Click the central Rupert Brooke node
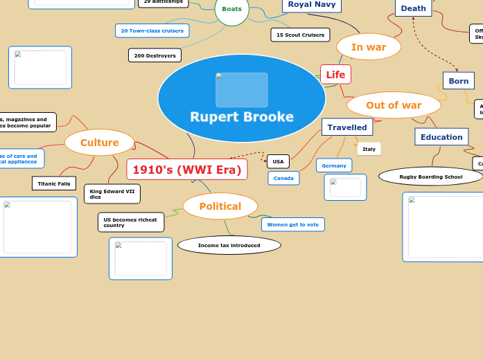[242, 98]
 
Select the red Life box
[335, 75]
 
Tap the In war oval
[369, 47]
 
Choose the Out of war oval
[394, 105]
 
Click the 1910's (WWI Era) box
[187, 170]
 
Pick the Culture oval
[99, 143]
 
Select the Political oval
[220, 206]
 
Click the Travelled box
[347, 127]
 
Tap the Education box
[441, 137]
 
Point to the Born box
[459, 81]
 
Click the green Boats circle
[231, 10]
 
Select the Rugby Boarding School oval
[430, 177]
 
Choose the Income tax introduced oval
[229, 245]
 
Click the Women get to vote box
[293, 224]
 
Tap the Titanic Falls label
[54, 183]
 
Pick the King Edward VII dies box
[112, 193]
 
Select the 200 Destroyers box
[155, 55]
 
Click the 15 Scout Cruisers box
[300, 35]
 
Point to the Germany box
[334, 165]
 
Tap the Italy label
[369, 149]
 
